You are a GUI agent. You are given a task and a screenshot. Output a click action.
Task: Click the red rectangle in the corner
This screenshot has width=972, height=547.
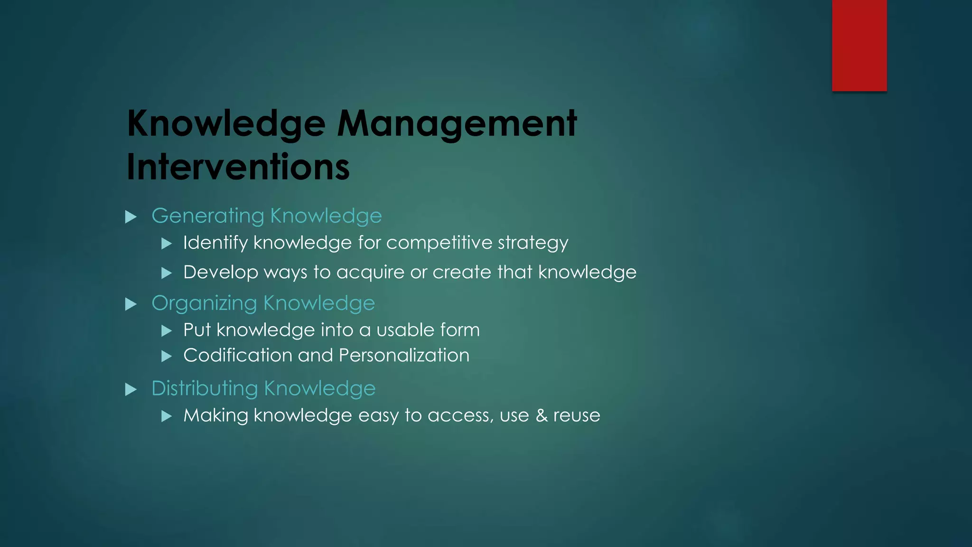[859, 45]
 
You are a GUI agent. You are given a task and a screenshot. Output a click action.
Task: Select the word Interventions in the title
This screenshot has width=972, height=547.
[238, 167]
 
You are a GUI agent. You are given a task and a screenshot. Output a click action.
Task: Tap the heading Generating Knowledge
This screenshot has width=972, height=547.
[266, 216]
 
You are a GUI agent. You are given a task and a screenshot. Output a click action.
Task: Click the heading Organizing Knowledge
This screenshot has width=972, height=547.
[263, 303]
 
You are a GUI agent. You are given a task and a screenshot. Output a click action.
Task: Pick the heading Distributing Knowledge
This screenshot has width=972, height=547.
[263, 389]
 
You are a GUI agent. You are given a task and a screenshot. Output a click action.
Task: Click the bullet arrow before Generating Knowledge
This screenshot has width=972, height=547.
[131, 217]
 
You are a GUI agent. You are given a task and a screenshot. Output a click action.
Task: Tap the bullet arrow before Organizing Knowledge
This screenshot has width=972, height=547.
[131, 304]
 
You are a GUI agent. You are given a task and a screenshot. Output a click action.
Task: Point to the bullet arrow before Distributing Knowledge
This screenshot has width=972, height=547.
[131, 390]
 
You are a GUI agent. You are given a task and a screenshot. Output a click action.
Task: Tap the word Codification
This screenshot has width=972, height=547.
[237, 356]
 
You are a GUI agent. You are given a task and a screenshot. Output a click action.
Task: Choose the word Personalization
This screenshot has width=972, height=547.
[404, 356]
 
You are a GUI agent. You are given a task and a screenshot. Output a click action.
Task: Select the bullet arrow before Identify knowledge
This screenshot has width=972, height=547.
[166, 244]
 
